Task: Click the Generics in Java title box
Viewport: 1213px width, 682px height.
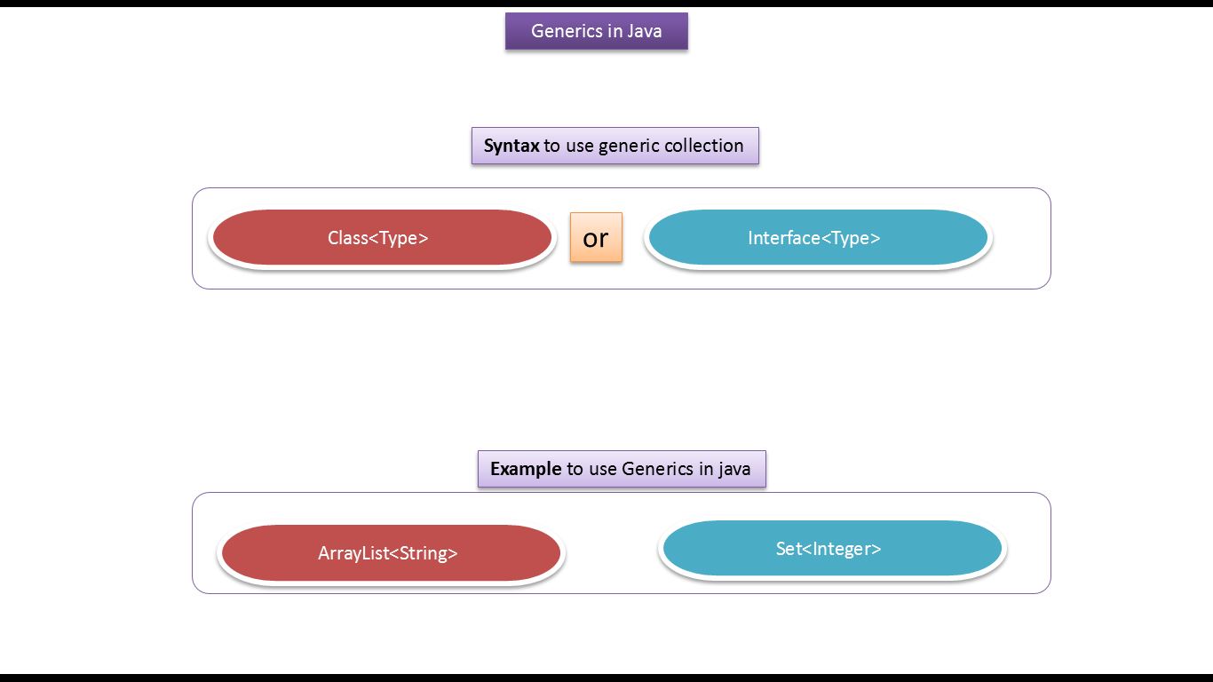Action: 596,31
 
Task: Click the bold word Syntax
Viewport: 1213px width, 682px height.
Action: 511,146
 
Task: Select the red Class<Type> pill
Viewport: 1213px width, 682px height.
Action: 381,238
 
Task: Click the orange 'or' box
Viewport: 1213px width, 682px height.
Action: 596,237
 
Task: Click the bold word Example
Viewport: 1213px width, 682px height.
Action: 526,469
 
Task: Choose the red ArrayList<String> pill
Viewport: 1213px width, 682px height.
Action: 390,553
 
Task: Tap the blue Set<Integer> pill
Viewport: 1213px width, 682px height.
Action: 831,549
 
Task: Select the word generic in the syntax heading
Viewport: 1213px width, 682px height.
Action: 628,147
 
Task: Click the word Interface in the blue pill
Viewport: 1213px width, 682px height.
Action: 783,238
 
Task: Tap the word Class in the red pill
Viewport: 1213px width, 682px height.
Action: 347,238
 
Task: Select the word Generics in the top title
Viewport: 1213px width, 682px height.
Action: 567,31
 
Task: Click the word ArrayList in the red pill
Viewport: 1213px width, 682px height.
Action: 353,553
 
